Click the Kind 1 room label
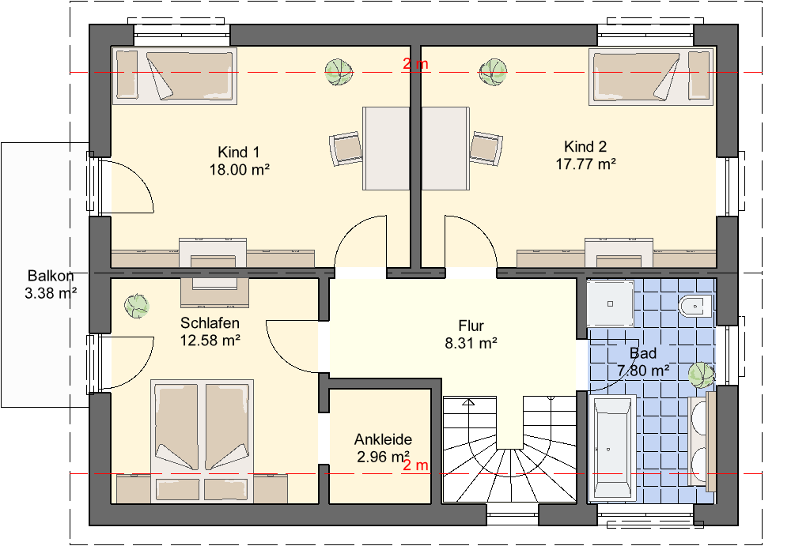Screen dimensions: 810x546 (x=238, y=153)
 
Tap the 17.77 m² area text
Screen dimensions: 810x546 (x=585, y=164)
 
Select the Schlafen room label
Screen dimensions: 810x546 (x=210, y=323)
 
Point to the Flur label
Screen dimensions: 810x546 (x=471, y=326)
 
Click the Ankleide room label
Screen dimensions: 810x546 (x=383, y=439)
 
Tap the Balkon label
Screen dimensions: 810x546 (x=51, y=276)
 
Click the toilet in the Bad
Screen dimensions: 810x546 (x=695, y=307)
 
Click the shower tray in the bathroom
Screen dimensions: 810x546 (x=610, y=303)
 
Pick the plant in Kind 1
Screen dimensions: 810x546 (x=339, y=72)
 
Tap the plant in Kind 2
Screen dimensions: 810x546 (x=492, y=72)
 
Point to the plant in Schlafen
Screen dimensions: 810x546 (x=137, y=306)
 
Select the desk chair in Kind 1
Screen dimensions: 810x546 (x=346, y=149)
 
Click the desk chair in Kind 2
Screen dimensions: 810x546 (x=486, y=149)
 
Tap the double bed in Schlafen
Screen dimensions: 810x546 (x=202, y=441)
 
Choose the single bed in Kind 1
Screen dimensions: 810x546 (x=175, y=76)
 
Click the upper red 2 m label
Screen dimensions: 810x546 (x=415, y=64)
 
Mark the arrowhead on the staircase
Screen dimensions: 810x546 (x=468, y=402)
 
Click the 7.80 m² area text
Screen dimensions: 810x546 (x=643, y=371)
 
